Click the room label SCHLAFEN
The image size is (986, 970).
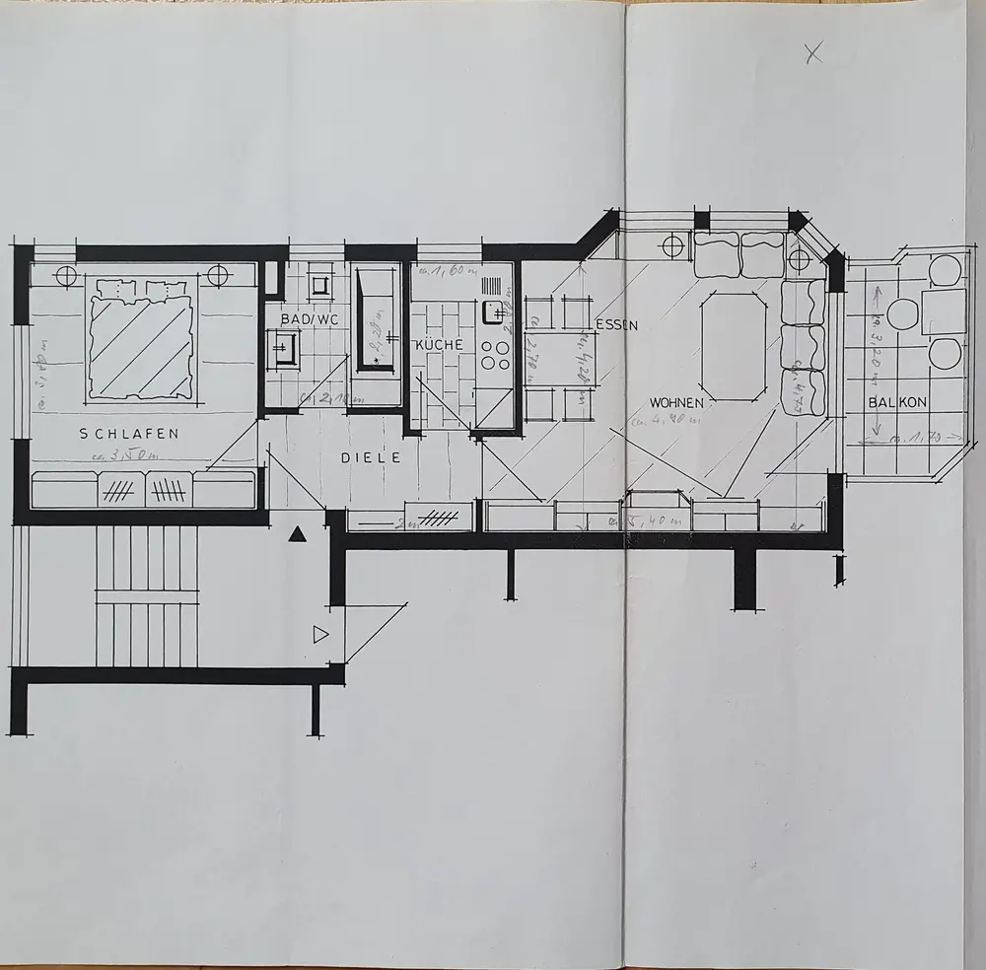point(129,433)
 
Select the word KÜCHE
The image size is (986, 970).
point(439,345)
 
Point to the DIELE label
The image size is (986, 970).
point(372,457)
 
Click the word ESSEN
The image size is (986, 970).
point(617,324)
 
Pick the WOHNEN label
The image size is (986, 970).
point(676,403)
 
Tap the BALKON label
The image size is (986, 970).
point(895,402)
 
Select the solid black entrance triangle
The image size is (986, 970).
point(297,534)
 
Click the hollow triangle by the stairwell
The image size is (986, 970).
point(319,635)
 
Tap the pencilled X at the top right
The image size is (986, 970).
point(813,54)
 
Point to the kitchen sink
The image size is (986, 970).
point(490,314)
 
